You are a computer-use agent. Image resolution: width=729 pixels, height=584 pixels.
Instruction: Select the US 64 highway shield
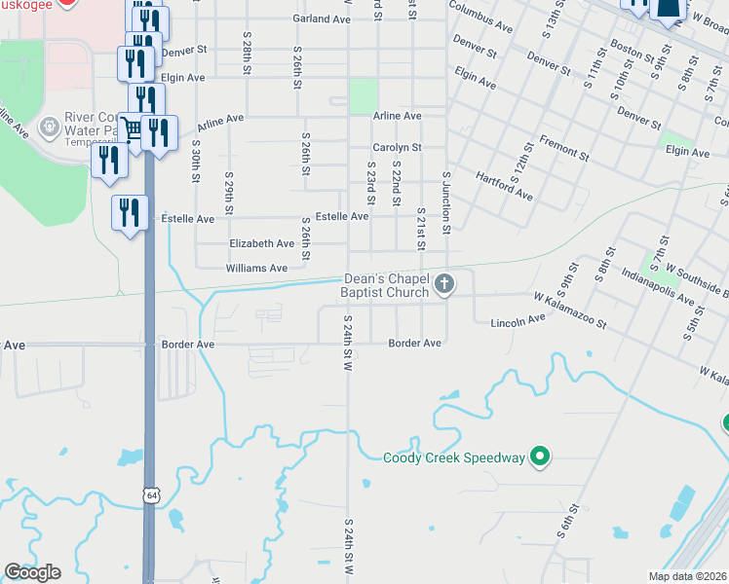(149, 494)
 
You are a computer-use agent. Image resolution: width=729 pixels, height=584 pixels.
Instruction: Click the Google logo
(32, 572)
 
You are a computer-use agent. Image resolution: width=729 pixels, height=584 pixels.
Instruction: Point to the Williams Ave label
(256, 268)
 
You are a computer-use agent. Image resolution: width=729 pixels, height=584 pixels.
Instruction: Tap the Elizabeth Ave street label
(261, 243)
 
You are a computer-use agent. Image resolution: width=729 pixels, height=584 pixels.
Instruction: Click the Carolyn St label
(397, 148)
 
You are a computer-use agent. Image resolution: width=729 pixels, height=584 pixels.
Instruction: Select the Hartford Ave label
(504, 187)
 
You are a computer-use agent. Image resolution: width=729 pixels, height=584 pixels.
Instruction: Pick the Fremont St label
(565, 148)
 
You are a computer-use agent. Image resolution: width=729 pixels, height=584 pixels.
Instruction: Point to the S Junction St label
(447, 203)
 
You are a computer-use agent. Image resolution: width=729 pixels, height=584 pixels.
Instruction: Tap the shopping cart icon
(132, 128)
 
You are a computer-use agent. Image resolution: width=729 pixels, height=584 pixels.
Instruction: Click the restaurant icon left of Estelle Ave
(129, 212)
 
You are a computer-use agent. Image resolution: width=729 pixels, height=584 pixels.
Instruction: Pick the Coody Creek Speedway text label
(454, 457)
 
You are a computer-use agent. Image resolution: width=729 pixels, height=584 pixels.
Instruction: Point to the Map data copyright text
(688, 576)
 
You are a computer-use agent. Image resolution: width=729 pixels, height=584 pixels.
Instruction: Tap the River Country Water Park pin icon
(48, 126)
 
